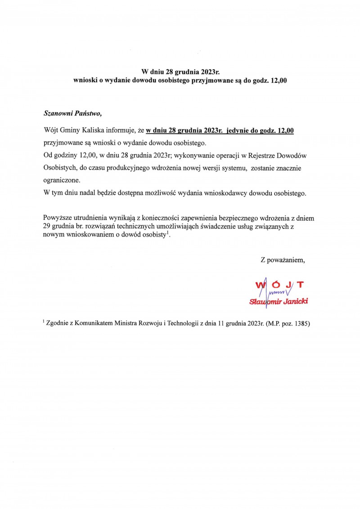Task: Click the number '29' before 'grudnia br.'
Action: coord(47,227)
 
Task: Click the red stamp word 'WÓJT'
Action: coord(279,284)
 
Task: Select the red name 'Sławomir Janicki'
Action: coord(279,301)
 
